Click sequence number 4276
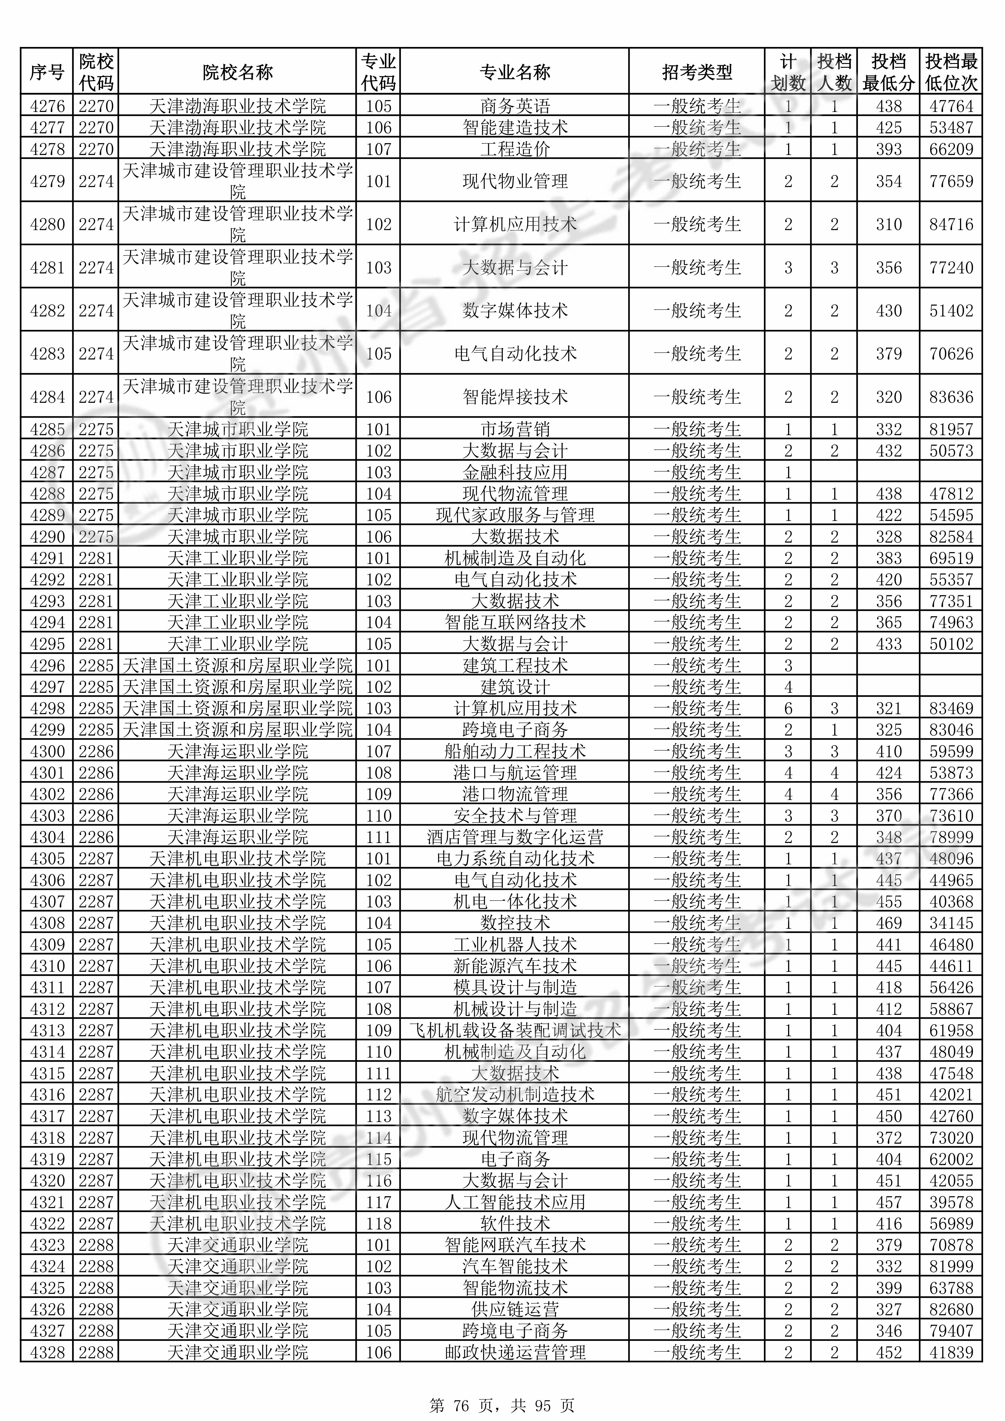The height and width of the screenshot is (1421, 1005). coord(47,106)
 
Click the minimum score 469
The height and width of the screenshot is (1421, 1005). coord(889,923)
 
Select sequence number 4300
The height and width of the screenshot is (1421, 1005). coord(47,751)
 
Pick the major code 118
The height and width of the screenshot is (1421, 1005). coord(378,1224)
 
